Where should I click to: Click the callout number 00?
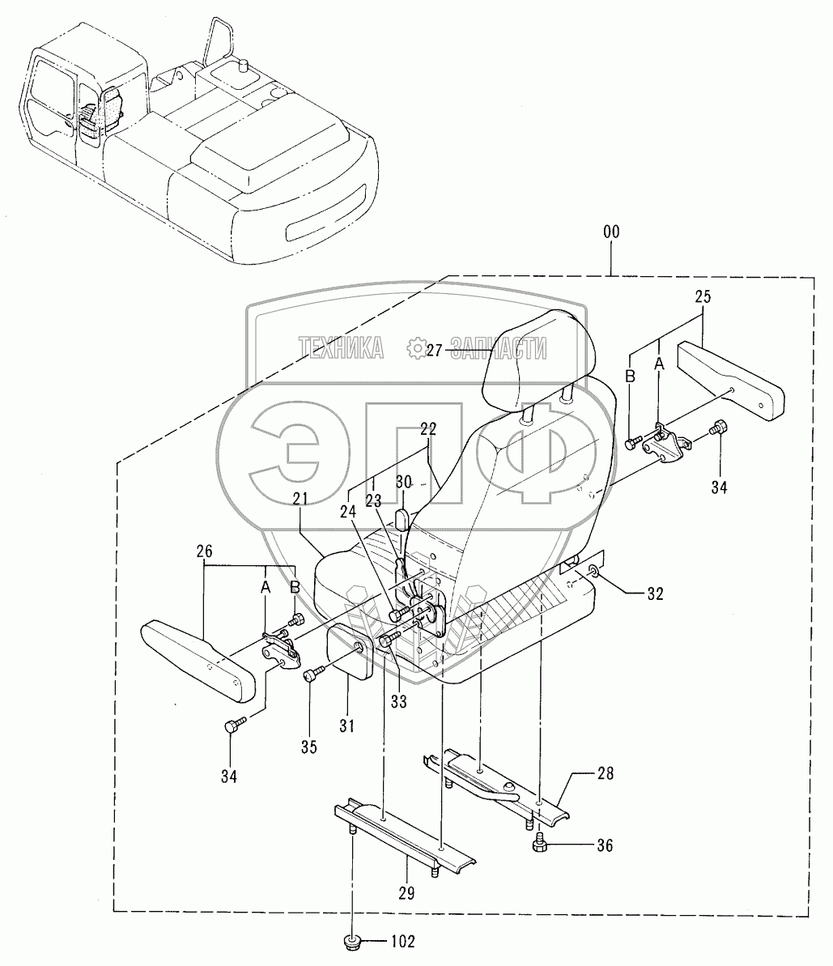610,232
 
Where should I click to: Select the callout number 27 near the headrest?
435,350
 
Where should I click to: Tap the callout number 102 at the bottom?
402,941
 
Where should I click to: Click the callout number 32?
654,594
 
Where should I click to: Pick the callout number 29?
406,892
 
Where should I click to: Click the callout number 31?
349,726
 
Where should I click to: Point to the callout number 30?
402,480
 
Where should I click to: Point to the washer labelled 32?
594,575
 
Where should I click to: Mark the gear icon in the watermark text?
418,349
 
